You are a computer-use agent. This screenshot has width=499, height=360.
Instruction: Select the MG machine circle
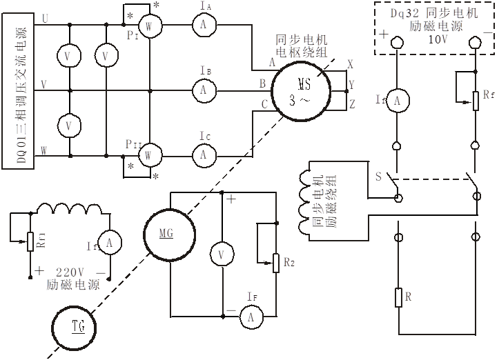point(167,236)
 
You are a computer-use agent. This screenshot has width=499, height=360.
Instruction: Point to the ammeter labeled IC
point(204,154)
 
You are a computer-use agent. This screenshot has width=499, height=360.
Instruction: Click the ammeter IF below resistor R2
point(253,317)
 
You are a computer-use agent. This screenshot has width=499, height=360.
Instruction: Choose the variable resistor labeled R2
point(276,263)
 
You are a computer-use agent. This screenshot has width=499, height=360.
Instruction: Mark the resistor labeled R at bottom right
point(398,298)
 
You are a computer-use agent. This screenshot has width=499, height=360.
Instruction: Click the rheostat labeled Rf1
point(30,240)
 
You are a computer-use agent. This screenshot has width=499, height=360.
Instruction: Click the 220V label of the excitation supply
point(69,271)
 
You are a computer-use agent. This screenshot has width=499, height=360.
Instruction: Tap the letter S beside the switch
point(378,177)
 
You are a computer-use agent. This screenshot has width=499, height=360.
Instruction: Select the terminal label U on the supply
point(45,19)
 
